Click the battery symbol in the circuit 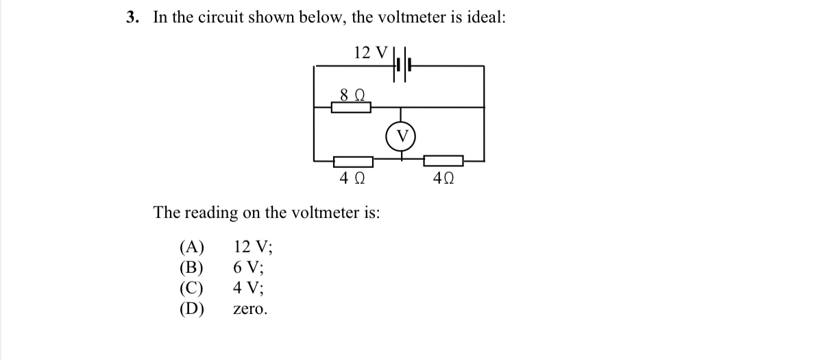coord(402,66)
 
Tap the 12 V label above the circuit coord(371,51)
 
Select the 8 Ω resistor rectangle coord(351,107)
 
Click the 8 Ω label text coord(352,93)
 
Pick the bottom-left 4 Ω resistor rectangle coord(353,161)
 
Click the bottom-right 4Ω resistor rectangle coord(443,160)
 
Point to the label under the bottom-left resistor coord(352,179)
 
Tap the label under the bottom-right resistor coord(443,179)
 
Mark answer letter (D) coord(192,309)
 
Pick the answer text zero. coord(250,310)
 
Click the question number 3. coord(132,17)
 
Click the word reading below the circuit coord(207,213)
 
